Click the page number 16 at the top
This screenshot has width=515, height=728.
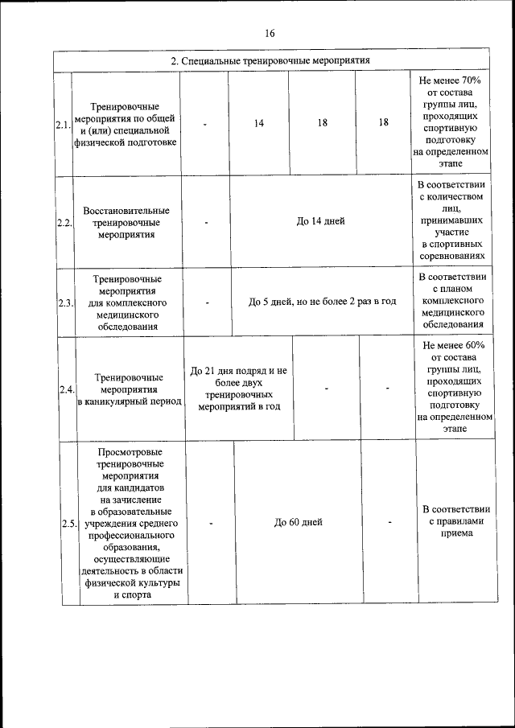269,33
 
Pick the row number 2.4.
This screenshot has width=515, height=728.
67,389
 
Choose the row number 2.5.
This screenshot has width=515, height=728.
68,523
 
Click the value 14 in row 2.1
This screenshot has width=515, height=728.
259,123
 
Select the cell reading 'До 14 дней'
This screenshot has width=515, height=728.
320,221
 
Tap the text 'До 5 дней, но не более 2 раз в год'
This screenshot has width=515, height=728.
322,302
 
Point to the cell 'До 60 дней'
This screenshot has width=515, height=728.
298,522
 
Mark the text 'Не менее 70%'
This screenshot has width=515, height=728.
450,80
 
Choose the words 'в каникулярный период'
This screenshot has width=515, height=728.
129,401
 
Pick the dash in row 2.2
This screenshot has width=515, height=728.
207,222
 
